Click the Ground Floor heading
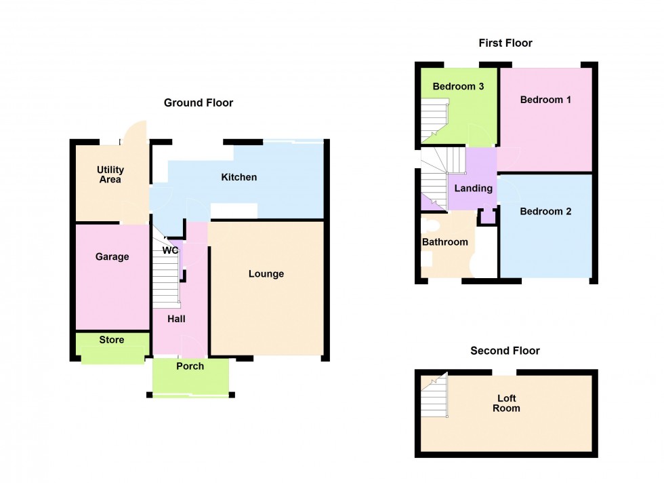pos(198,102)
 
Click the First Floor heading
pos(505,43)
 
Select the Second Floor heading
pos(505,351)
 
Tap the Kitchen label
pos(238,177)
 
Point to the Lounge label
pos(266,274)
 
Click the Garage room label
pos(112,256)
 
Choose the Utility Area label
pos(110,174)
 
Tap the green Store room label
pos(111,340)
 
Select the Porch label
pos(190,366)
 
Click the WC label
pos(170,250)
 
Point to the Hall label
pos(176,319)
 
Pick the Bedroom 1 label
pos(545,100)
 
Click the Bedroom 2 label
pos(545,211)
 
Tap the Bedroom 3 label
pos(458,87)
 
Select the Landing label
pos(474,189)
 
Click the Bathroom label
pos(445,242)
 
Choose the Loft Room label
pos(507,403)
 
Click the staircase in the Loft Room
pos(434,395)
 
